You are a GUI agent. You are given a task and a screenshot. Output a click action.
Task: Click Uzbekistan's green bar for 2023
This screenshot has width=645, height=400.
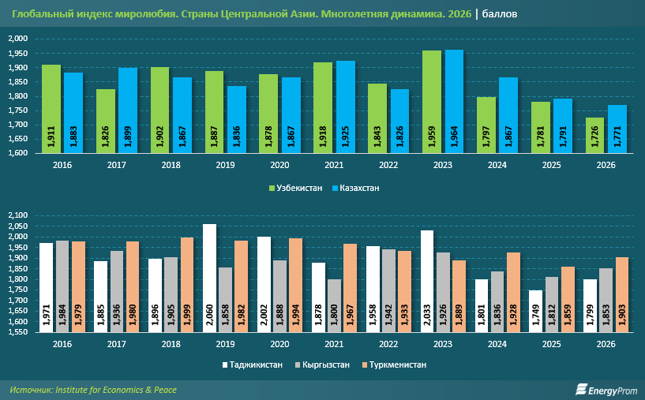point(432,102)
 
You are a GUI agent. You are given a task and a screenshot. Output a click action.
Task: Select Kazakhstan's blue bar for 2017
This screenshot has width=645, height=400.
point(128,110)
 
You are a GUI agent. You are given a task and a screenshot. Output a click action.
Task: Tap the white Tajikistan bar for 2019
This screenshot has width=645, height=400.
point(209,278)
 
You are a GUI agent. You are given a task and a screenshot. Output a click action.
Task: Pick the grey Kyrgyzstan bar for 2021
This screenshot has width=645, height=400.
point(334,306)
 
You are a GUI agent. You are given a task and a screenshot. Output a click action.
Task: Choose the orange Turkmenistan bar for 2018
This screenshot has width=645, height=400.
point(187,285)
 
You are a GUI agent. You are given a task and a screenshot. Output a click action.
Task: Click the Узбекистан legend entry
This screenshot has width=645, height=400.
point(295,189)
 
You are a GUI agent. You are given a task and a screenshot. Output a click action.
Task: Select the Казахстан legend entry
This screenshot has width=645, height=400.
point(356,189)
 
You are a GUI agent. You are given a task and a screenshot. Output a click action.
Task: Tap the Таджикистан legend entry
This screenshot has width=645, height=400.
point(252,364)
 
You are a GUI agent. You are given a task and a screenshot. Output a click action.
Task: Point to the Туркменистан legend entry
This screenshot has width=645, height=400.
point(394,364)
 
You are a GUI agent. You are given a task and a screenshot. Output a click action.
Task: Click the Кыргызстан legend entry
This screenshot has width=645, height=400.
point(322,364)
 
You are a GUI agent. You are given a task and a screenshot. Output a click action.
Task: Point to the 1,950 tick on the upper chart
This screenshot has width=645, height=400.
point(17,54)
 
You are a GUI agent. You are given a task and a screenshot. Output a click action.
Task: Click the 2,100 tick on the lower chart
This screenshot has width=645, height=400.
point(17,215)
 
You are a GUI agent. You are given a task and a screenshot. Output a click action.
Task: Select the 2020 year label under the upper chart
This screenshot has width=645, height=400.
point(279,165)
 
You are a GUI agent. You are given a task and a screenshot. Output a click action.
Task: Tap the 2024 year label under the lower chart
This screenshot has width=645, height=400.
point(497,344)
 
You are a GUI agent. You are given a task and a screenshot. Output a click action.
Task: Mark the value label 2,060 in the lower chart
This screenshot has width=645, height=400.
point(209,316)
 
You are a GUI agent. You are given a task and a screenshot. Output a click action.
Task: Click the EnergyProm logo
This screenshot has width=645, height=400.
point(606,390)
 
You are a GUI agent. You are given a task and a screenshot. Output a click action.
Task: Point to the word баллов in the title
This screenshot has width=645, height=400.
point(500,14)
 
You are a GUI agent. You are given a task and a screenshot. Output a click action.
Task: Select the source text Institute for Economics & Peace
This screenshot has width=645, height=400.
point(116,390)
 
